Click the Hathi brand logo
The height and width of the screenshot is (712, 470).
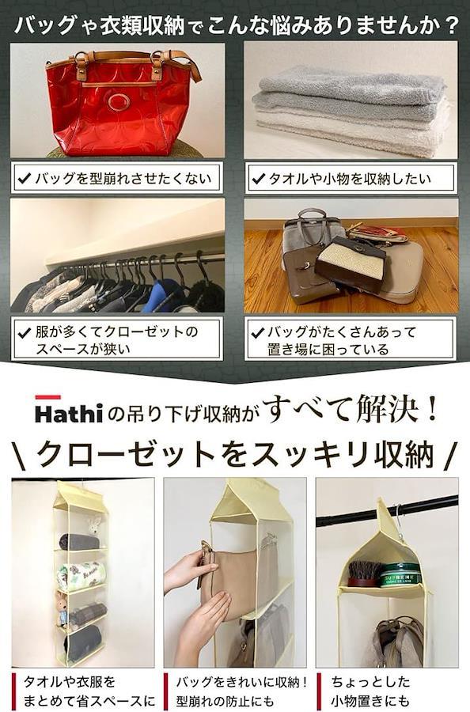click(x=69, y=413)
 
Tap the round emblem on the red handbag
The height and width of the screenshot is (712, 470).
click(x=119, y=102)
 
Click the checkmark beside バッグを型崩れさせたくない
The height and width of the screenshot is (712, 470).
click(x=24, y=179)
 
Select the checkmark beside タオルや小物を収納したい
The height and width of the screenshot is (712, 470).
click(x=257, y=179)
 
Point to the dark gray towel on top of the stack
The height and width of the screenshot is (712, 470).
click(x=351, y=85)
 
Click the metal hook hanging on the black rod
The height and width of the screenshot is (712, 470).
click(x=398, y=517)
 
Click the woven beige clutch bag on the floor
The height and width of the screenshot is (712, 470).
click(x=351, y=263)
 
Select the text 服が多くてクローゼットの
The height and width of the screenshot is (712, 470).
click(x=117, y=331)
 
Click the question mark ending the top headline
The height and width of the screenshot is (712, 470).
click(x=450, y=25)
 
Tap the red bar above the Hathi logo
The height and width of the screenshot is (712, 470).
click(x=47, y=397)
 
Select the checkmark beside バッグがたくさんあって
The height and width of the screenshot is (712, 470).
click(x=257, y=333)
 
